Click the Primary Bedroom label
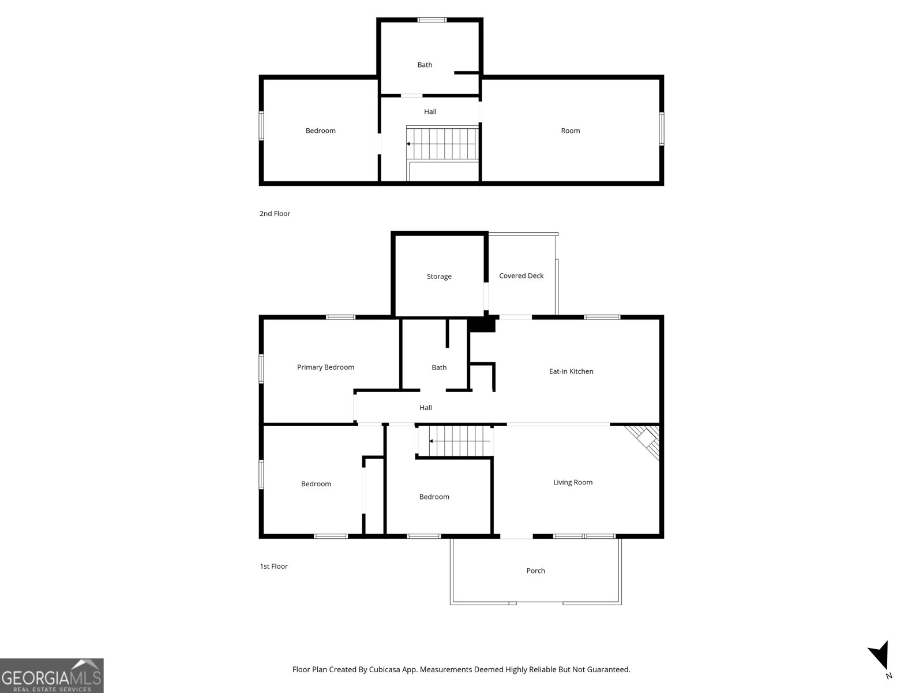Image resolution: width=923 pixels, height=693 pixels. (325, 367)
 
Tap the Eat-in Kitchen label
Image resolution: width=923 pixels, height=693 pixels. (571, 371)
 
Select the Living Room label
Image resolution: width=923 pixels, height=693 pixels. (573, 482)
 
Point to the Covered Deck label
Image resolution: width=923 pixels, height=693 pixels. (521, 275)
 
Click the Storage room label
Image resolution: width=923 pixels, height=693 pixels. (439, 277)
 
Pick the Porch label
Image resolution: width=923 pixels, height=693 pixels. (535, 571)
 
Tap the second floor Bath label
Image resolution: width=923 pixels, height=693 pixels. (425, 65)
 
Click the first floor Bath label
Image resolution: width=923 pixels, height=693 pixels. (439, 367)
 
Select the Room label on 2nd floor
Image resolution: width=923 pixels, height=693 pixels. (570, 131)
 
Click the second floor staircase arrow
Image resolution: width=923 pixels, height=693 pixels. (409, 144)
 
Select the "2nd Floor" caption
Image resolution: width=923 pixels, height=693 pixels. (275, 214)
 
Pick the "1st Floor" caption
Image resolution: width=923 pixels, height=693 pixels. (273, 567)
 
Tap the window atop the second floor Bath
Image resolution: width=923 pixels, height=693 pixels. (432, 20)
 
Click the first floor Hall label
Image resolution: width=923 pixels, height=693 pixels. (426, 408)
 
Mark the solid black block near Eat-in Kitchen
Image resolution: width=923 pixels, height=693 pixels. (482, 324)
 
